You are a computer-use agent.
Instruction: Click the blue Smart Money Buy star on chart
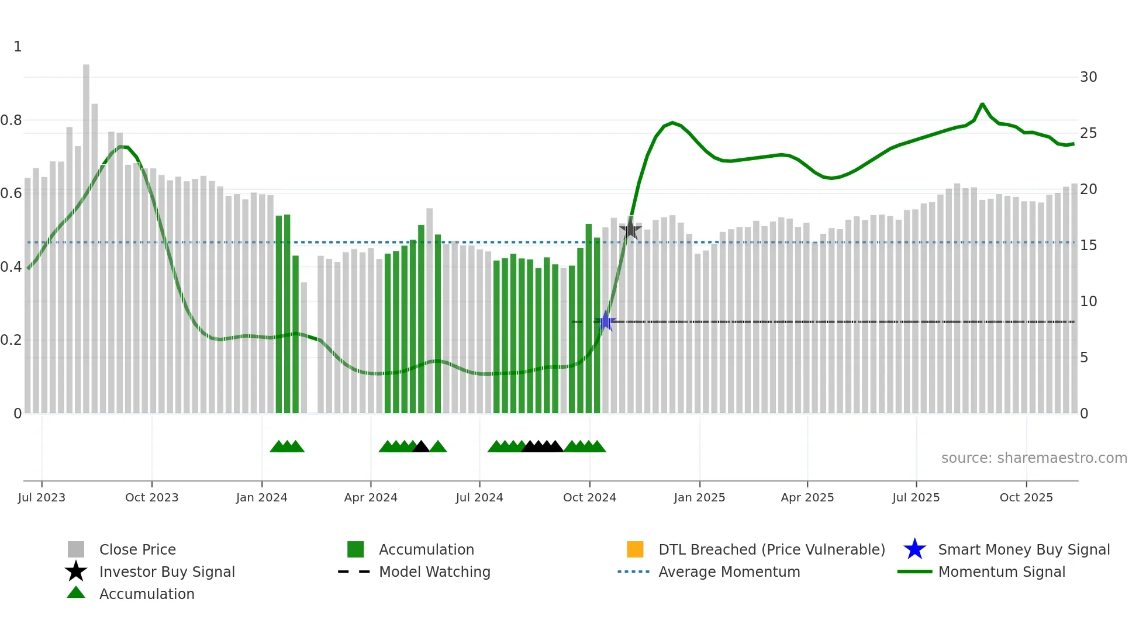click(x=605, y=321)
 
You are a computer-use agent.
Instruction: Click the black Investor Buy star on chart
click(x=630, y=229)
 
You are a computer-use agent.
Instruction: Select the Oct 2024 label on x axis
click(x=589, y=497)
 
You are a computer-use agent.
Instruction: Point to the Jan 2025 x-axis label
click(x=699, y=497)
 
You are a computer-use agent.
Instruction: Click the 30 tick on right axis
click(x=1088, y=77)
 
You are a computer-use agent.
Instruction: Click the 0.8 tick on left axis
click(x=12, y=120)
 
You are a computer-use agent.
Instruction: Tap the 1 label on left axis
click(x=18, y=47)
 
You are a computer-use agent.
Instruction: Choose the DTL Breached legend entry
click(x=771, y=549)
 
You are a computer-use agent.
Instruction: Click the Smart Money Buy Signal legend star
click(x=914, y=549)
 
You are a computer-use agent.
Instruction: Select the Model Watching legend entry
click(x=434, y=572)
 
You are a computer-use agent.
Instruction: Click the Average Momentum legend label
click(x=729, y=572)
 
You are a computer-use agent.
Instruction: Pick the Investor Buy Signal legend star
click(x=76, y=572)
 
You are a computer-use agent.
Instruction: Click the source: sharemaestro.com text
click(x=1034, y=458)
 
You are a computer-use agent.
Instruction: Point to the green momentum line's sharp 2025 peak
click(x=982, y=104)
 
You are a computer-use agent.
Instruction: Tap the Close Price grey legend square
click(x=76, y=549)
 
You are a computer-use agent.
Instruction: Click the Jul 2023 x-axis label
click(x=42, y=497)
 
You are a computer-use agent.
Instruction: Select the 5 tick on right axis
click(x=1084, y=357)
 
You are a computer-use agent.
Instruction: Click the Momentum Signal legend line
click(x=914, y=572)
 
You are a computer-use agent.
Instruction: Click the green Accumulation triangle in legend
click(x=76, y=593)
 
